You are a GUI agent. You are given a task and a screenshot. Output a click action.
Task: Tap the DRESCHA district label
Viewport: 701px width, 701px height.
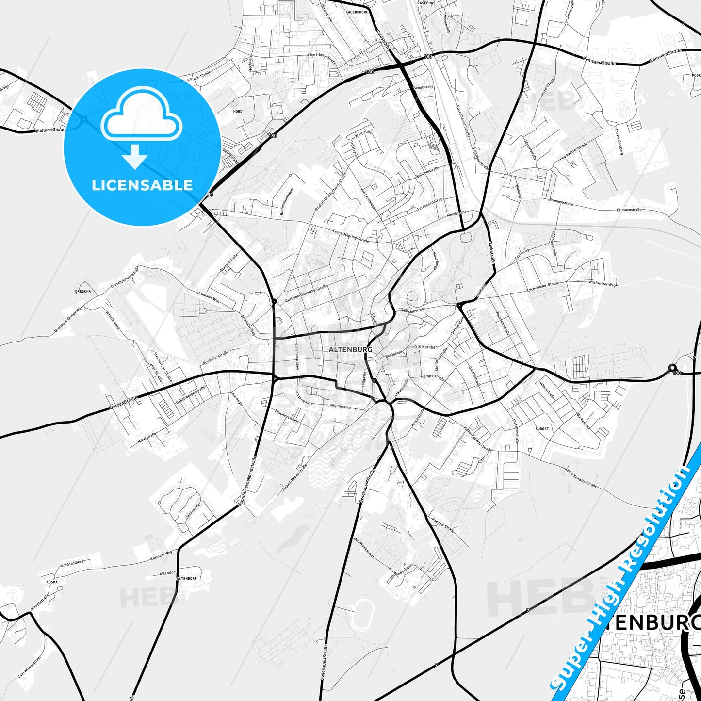83,292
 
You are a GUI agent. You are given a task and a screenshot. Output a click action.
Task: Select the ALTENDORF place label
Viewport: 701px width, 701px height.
186,579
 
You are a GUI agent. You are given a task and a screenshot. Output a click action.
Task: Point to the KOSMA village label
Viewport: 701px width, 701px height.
52,582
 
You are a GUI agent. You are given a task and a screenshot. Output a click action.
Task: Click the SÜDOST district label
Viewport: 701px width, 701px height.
542,429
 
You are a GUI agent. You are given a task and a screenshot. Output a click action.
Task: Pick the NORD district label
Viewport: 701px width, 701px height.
238,112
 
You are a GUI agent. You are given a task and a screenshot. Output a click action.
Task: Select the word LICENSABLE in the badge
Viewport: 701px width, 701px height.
142,185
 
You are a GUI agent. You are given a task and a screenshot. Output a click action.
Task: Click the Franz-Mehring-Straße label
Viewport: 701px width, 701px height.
351,236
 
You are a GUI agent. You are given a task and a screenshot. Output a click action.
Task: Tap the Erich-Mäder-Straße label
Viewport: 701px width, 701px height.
542,287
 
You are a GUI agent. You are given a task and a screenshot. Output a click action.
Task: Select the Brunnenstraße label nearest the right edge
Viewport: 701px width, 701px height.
629,210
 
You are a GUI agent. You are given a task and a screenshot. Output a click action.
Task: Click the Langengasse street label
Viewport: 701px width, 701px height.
339,406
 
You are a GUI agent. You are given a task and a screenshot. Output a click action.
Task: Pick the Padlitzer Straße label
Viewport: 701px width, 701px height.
443,524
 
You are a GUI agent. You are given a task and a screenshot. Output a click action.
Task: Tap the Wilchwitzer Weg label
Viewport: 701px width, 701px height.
602,283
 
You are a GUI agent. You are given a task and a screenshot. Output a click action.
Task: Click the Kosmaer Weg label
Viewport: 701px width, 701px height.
162,555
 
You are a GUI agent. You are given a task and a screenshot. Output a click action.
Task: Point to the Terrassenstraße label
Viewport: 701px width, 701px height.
430,204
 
